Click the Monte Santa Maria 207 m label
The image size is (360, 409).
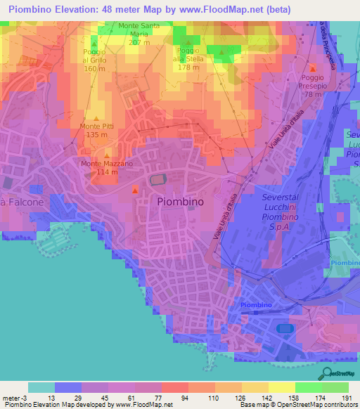[139, 34]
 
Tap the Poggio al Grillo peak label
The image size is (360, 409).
[95, 60]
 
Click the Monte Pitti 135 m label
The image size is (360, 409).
[98, 131]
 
